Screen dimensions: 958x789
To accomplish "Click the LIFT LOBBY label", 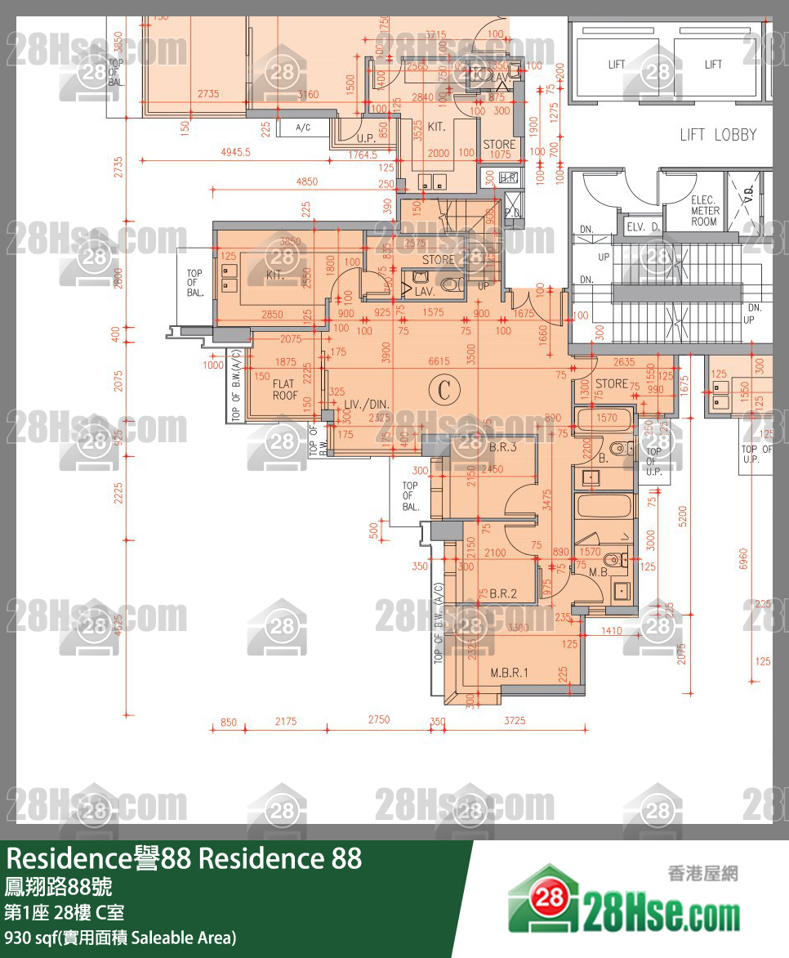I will coord(718,135).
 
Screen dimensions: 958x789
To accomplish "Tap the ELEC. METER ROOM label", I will coord(705,211).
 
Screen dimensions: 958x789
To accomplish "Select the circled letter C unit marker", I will coord(444,390).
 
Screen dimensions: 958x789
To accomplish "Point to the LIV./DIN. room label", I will coord(367,405).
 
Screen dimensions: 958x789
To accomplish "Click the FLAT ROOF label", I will coord(285,389).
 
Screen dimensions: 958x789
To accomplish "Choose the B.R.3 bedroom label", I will coord(503,447).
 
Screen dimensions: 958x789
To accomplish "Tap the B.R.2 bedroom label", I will coord(503,593).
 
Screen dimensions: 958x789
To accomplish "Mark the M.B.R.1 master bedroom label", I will coord(510,673).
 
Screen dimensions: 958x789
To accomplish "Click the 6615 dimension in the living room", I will coord(439,361).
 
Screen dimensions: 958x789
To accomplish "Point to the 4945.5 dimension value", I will coord(235,152).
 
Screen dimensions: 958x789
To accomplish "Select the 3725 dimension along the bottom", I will coord(515,721).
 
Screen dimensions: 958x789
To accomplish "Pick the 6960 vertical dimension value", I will coord(742,558).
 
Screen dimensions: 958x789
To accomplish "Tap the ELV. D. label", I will coord(642,226).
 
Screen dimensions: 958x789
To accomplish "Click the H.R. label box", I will coord(508,177).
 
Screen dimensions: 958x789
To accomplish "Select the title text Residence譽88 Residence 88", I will coord(184,858).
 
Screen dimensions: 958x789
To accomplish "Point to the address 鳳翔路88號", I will coord(59,886).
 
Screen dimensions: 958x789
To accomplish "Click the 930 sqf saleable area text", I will coord(121,937).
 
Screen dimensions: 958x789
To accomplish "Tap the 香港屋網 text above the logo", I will coord(702,873).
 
